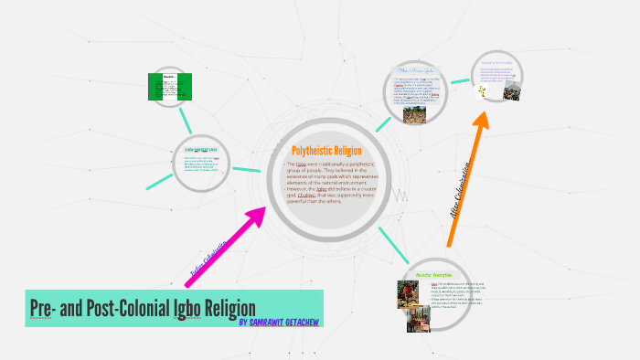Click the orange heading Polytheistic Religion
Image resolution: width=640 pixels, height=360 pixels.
pyautogui.click(x=326, y=151)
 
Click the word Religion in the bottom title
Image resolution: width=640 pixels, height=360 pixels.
pyautogui.click(x=228, y=308)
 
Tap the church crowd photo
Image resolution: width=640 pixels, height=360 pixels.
pyautogui.click(x=511, y=93)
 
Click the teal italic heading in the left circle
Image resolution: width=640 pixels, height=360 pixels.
pyautogui.click(x=200, y=149)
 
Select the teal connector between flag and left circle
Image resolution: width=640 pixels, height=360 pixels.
pyautogui.click(x=186, y=119)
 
